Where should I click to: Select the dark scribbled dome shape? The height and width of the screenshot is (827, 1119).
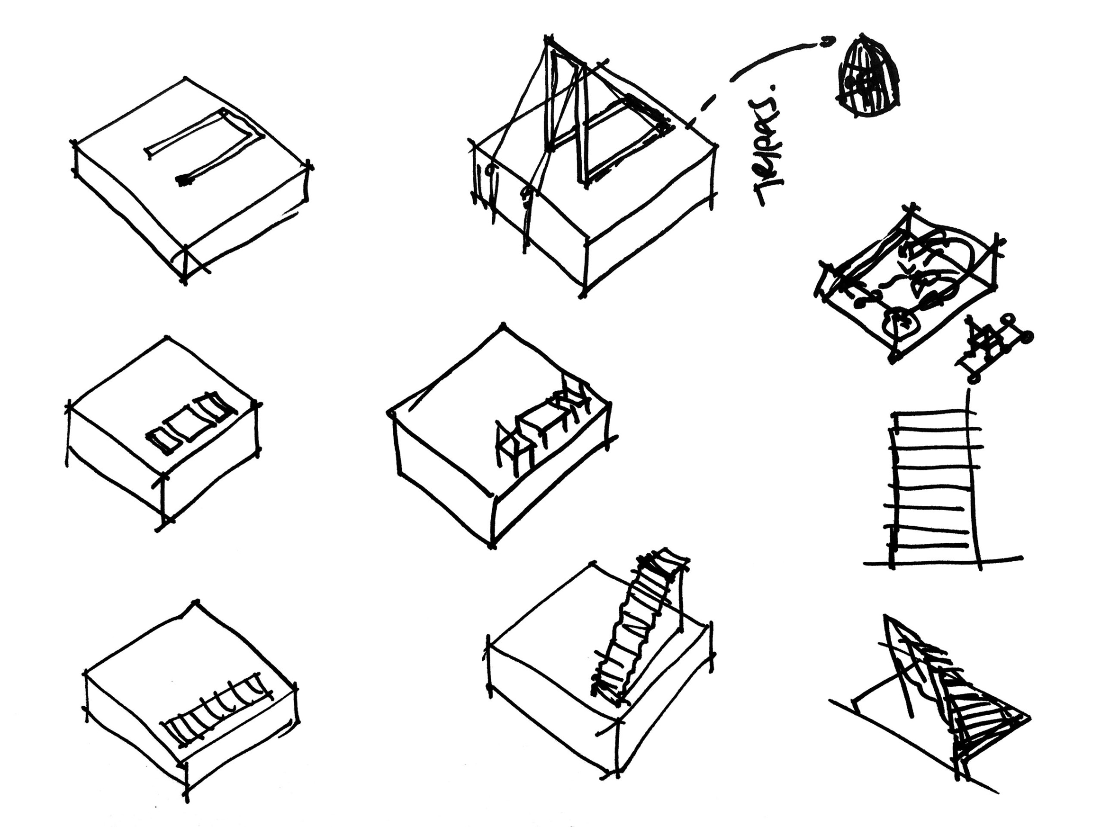point(872,78)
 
